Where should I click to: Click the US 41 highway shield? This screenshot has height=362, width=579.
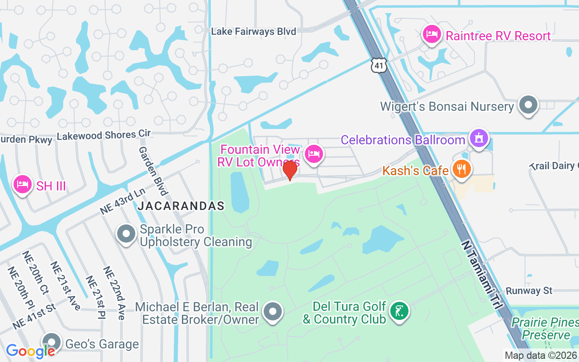(379, 66)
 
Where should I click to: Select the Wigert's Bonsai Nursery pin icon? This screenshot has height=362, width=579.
(528, 105)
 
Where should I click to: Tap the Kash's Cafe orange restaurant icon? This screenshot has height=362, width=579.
(461, 169)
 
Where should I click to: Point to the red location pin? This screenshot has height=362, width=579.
(289, 171)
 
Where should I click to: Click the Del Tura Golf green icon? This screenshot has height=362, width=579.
(399, 311)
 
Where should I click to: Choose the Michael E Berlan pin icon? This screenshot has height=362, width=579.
(273, 311)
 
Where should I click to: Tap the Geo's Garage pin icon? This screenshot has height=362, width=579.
(52, 343)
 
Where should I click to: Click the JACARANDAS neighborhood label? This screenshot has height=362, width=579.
(181, 206)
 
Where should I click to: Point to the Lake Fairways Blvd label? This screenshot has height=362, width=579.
(253, 31)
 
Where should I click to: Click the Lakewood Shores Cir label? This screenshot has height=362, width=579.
(104, 135)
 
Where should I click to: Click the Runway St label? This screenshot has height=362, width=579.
(529, 291)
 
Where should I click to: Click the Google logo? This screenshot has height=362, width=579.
(30, 351)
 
